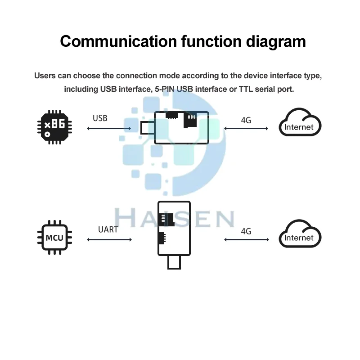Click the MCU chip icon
pos(54,237)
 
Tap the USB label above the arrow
pos(100,118)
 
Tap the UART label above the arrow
pos(108,229)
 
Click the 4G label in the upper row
pos(246,120)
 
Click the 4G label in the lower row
pos(246,231)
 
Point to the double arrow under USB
pos(109,129)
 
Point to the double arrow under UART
pos(109,240)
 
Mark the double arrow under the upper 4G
pos(246,129)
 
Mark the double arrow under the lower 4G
pos(246,240)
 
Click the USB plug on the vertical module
pos(175,263)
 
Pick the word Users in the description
pos(45,75)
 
